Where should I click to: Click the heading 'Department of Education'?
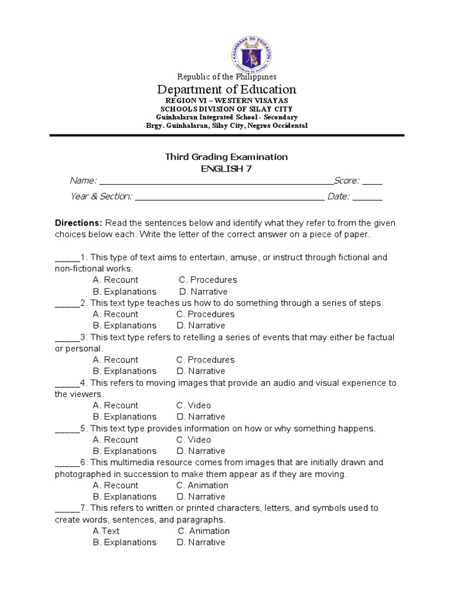coord(226,89)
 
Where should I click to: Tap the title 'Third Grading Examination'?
coord(226,157)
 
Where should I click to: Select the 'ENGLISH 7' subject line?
coord(226,169)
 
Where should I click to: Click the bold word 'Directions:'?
coord(79,223)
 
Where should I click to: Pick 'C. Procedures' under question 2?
coord(205,314)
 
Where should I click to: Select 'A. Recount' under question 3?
coord(115,360)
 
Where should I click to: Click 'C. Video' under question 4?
coord(193,405)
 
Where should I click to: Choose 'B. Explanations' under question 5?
coord(124,451)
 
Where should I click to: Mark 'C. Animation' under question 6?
coord(203,485)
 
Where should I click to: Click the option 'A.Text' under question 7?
coord(106,531)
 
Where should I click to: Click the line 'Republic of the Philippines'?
coord(227,76)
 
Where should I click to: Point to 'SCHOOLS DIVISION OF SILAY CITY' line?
coord(226,109)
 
